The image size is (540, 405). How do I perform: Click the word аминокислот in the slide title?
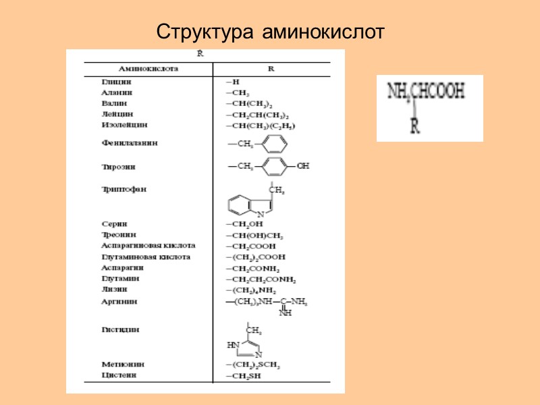click(x=323, y=32)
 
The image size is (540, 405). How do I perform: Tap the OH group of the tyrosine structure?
click(x=302, y=165)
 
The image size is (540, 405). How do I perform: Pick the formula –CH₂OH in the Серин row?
click(x=244, y=223)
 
